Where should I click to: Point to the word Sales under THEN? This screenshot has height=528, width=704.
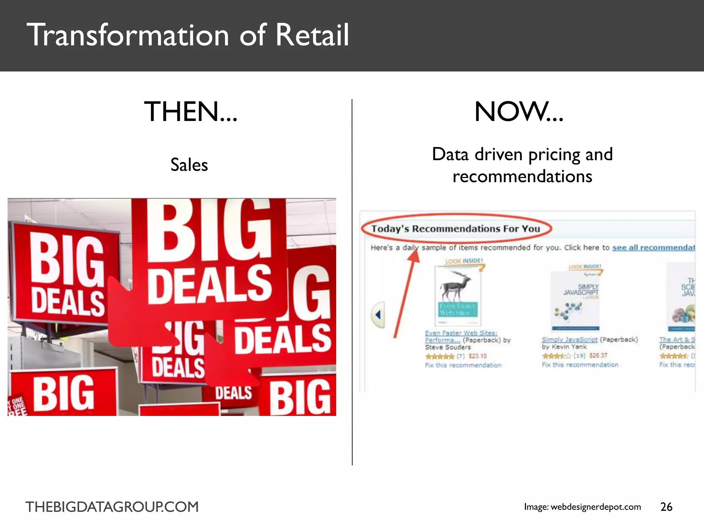coord(189,165)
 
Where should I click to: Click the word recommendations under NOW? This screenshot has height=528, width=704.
coord(522,176)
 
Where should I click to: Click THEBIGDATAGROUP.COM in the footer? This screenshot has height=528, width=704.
coord(112,507)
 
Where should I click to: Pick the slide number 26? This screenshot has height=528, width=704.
coord(666,507)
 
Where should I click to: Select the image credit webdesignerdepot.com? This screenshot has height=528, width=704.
coord(595,507)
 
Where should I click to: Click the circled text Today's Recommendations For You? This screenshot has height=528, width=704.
coord(455,229)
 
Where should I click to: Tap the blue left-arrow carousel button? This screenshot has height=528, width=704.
coord(378,315)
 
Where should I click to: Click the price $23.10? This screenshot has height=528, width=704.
coord(477,356)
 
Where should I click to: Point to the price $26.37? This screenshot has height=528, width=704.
coord(598,355)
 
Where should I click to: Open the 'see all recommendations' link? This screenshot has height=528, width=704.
coord(653,247)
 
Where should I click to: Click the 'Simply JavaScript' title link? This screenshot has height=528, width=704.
coord(569,340)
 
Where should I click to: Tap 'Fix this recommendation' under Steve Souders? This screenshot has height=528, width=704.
coord(463,365)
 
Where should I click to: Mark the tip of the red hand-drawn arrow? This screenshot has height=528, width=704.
coord(416,252)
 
